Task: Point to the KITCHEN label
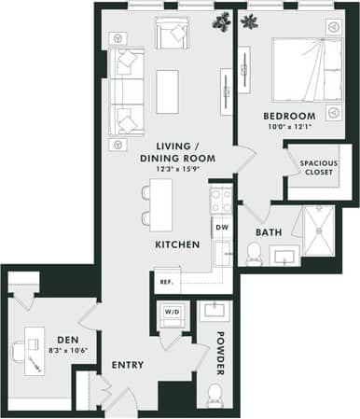click(177, 244)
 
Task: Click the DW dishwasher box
click(221, 227)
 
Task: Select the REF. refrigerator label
click(166, 281)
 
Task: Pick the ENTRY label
click(127, 364)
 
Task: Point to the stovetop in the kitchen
click(221, 199)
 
